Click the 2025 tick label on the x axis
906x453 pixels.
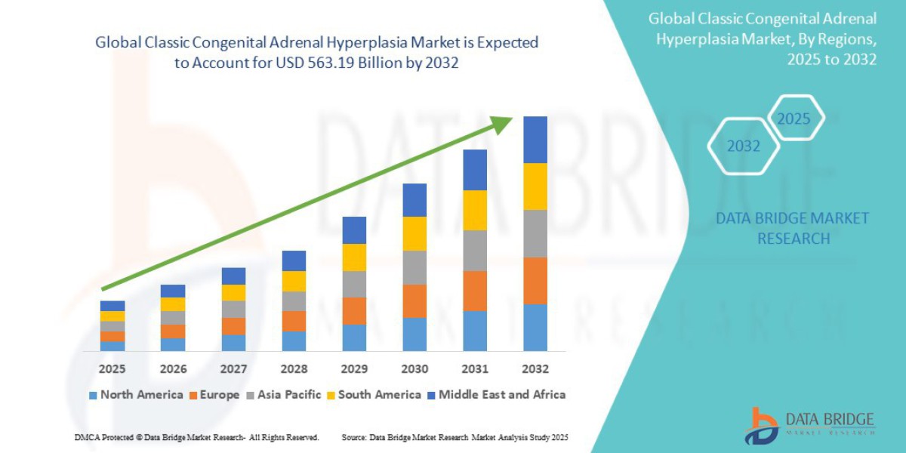point(112,369)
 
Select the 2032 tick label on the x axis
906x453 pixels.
point(535,369)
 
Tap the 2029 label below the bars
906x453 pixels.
point(354,369)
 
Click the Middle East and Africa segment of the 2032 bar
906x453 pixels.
point(535,140)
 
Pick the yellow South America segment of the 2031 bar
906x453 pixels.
point(475,210)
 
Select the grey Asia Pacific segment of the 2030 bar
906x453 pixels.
point(414,267)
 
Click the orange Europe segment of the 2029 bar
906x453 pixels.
point(354,310)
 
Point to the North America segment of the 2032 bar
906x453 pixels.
point(535,327)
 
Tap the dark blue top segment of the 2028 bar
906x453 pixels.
point(294,260)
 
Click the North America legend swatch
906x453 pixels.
point(93,395)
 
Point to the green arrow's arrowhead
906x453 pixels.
point(503,122)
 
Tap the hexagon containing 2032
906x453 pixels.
point(743,146)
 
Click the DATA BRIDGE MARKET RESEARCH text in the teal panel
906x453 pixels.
point(792,228)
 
